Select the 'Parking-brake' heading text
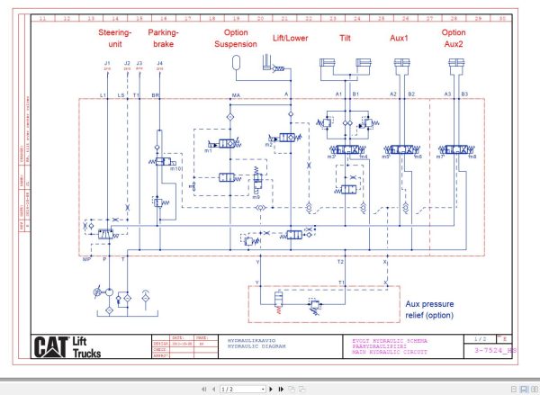pyautogui.click(x=163, y=37)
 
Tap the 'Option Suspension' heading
pyautogui.click(x=236, y=37)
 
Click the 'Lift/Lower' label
pyautogui.click(x=291, y=39)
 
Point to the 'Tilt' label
pyautogui.click(x=346, y=39)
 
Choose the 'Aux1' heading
pyautogui.click(x=400, y=39)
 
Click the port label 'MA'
pyautogui.click(x=236, y=94)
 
